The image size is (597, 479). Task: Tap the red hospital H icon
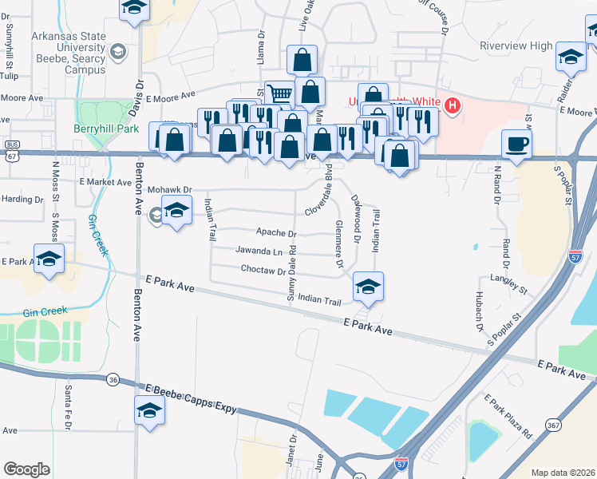click(453, 105)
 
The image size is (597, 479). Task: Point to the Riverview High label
click(516, 46)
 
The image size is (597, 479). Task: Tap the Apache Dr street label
click(276, 233)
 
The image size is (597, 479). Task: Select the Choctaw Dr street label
click(263, 271)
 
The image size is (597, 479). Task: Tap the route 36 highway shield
click(113, 380)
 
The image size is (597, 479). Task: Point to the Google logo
click(26, 469)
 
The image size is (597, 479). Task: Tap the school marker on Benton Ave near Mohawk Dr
click(176, 211)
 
